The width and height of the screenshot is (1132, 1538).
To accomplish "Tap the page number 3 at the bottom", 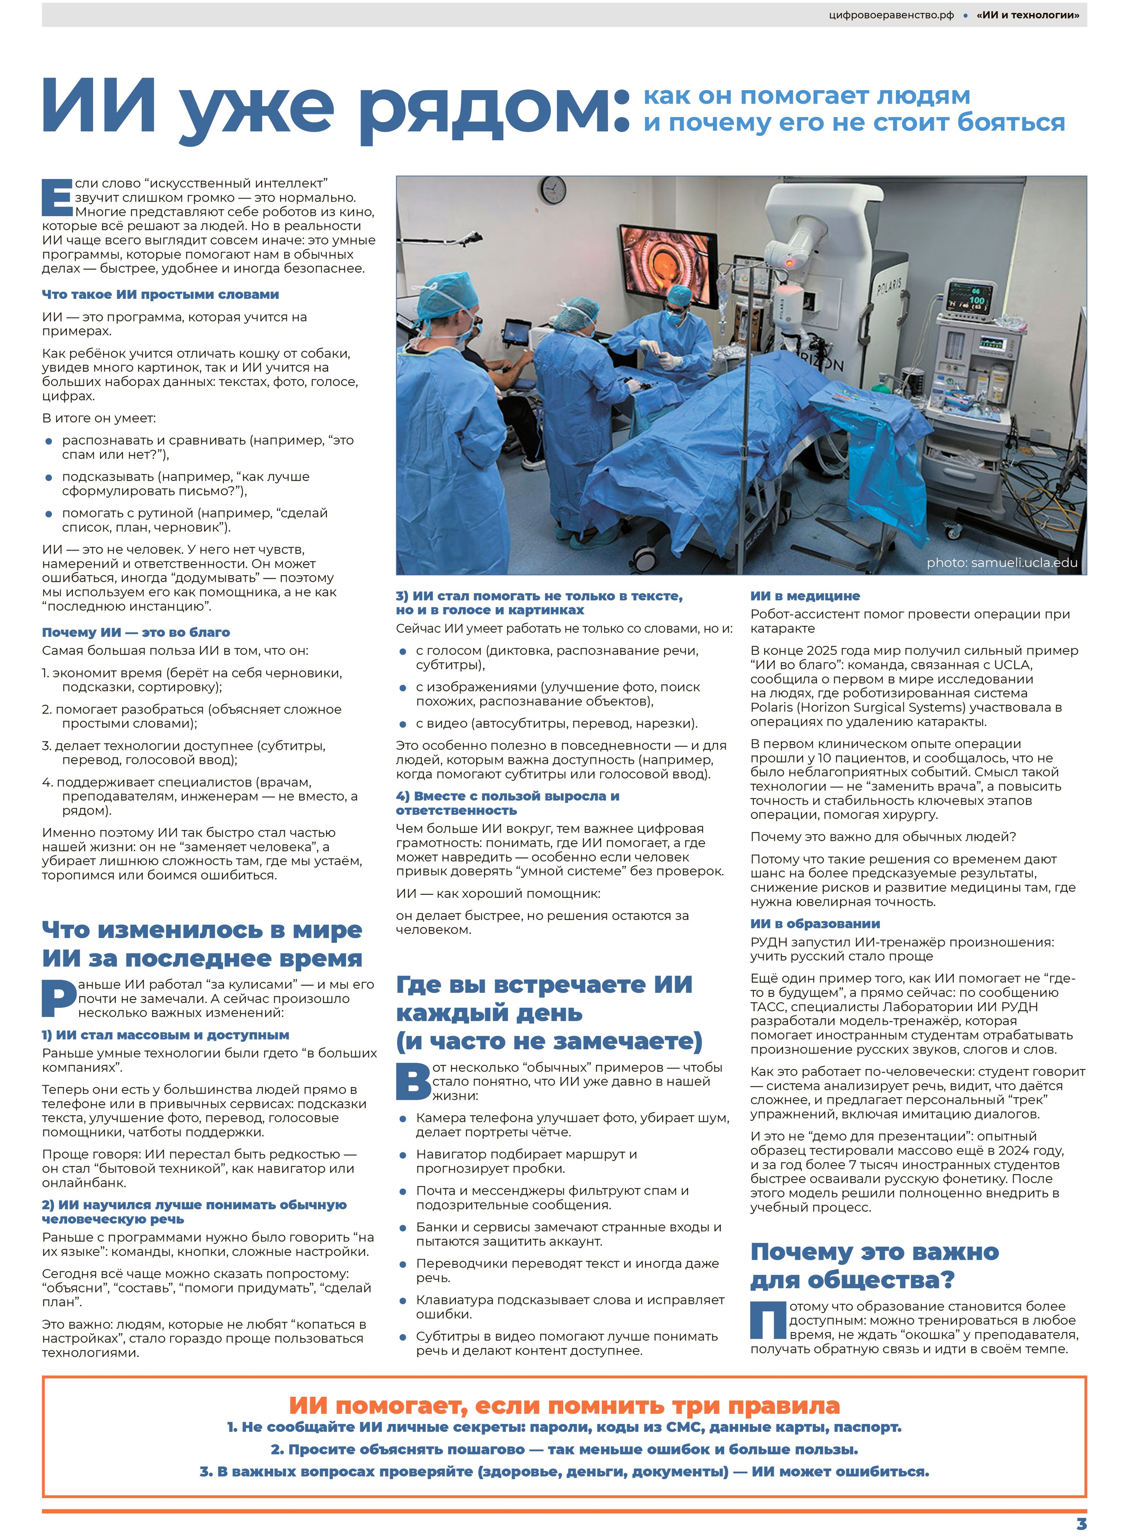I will coord(1081,1523).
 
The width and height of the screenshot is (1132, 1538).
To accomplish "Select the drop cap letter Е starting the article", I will coord(57,197).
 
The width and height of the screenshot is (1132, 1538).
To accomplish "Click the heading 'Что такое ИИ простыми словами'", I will coord(161,294).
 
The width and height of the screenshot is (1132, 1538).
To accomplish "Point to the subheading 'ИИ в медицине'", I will coord(804,596).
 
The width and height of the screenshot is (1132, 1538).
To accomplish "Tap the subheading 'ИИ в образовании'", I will coord(815,924).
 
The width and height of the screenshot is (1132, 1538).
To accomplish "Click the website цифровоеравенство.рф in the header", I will coord(891,15).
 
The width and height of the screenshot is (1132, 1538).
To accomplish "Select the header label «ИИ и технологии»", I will coord(1027,15).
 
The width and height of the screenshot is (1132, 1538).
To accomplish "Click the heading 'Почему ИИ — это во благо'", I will coord(136,632).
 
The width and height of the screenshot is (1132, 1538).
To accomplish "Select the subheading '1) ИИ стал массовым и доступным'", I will coord(165,1035).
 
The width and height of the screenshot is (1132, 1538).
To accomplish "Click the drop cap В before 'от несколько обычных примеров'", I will coord(413,1080).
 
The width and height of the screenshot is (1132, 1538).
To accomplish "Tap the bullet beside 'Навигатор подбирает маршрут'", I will coord(403,1156).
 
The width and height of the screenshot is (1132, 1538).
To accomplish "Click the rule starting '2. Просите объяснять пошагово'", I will coord(564,1449).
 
